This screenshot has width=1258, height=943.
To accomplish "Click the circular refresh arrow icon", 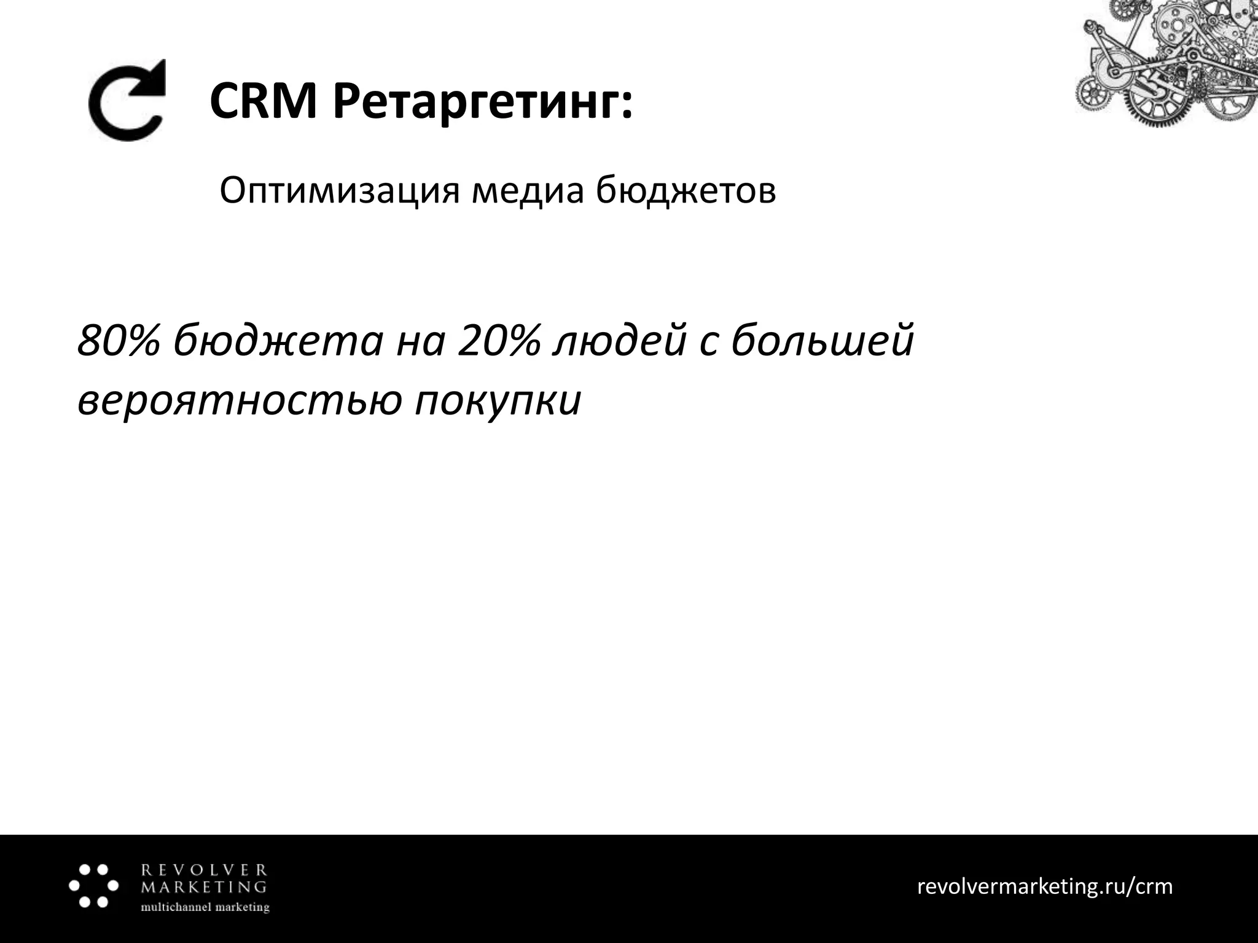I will pyautogui.click(x=128, y=101).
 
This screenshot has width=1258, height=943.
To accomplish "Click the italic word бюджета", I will pyautogui.click(x=278, y=342).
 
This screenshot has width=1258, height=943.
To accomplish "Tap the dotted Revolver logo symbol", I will pyautogui.click(x=93, y=886).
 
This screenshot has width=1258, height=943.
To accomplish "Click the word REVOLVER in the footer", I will pyautogui.click(x=205, y=870).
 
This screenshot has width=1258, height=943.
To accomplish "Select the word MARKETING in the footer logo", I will pyautogui.click(x=205, y=887).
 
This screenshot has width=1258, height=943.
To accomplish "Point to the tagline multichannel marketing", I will pyautogui.click(x=205, y=907).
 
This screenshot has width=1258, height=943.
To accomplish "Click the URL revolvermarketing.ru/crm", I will pyautogui.click(x=1044, y=886).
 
